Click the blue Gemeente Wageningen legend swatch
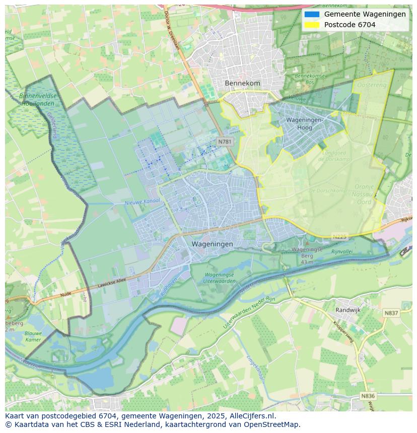tap(312, 14)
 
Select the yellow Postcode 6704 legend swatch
tap(312, 25)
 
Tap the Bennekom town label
tap(242, 83)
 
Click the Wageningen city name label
tap(212, 244)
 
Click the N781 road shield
tap(225, 142)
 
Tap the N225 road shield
tap(340, 236)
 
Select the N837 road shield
tap(391, 313)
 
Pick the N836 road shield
tap(368, 396)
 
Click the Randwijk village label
tap(348, 310)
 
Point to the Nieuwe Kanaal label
tap(143, 202)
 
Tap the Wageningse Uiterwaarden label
tap(219, 278)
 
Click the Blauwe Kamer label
tap(33, 336)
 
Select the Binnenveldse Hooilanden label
tap(38, 99)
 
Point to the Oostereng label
tap(372, 85)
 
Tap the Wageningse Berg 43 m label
tap(307, 255)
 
